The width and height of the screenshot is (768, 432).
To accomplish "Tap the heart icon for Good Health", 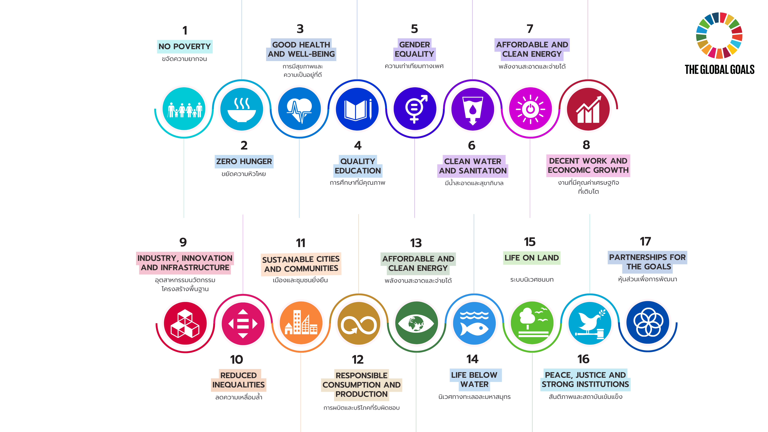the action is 299,110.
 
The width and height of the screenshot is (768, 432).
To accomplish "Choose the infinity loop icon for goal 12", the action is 359,325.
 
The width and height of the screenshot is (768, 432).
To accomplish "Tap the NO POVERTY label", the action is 185,46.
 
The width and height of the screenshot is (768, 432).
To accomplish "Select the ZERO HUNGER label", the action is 244,161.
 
